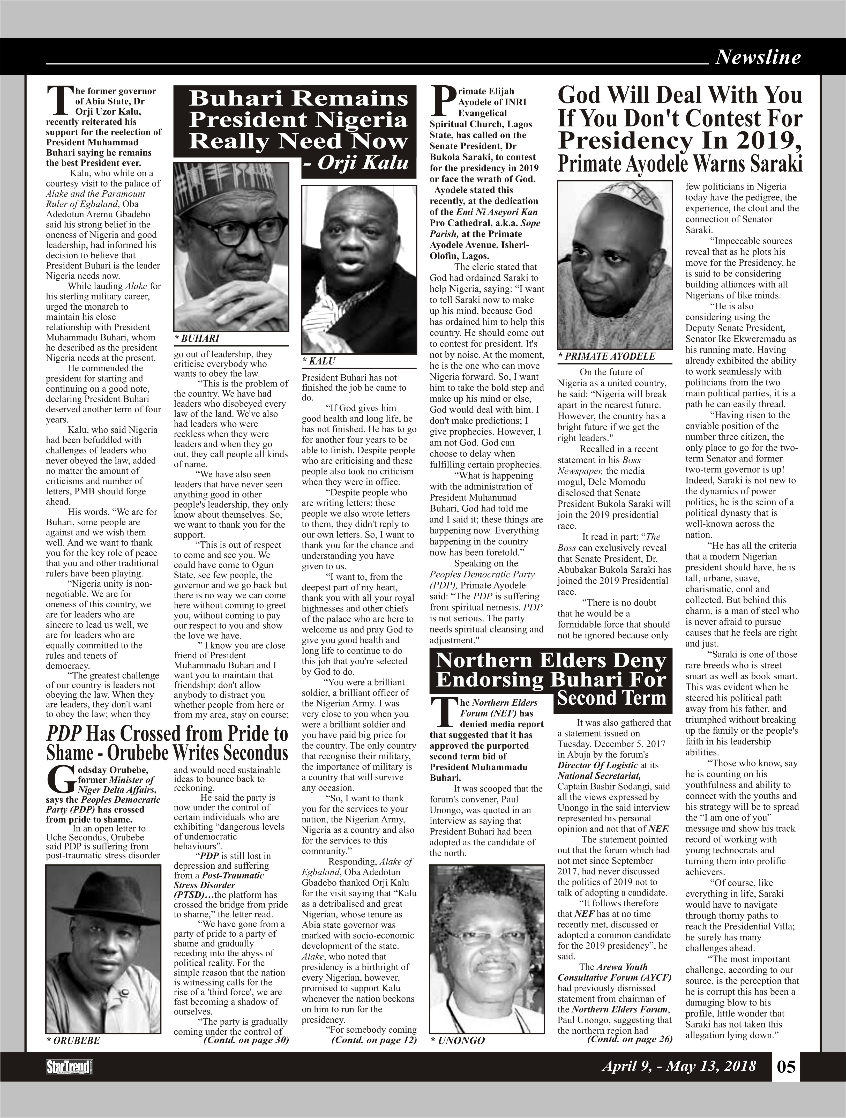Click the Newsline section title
[758, 57]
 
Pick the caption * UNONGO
[457, 1040]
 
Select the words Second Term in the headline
[611, 698]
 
